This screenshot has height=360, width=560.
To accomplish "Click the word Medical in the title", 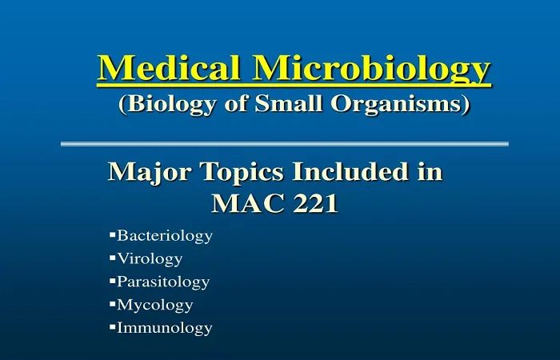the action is [x=168, y=67].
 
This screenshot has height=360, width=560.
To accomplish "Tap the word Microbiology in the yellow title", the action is [x=371, y=70].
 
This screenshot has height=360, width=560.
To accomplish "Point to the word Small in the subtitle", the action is [x=288, y=103].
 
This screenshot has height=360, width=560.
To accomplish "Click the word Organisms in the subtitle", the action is [x=396, y=105].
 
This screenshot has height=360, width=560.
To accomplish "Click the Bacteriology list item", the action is [x=165, y=236].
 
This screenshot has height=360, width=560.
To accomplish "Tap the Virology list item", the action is [x=150, y=259].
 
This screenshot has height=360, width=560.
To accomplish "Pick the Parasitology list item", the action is [x=163, y=282].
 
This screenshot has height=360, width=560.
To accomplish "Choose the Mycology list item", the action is [x=155, y=306].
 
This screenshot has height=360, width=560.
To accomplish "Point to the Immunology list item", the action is [x=165, y=328].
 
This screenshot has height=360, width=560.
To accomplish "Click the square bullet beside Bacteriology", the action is [x=113, y=234].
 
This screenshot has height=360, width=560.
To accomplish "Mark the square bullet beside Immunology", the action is [x=113, y=326].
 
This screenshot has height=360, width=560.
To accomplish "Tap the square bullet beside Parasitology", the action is [x=113, y=281].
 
